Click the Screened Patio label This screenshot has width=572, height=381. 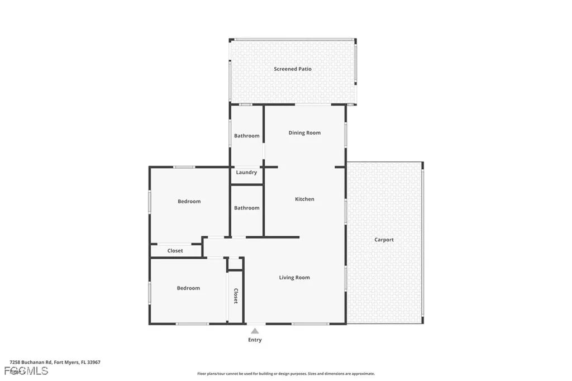[x=293, y=69]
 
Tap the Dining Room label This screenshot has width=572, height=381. [x=304, y=133]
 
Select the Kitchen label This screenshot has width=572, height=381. [x=304, y=199]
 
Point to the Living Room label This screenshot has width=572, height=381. [x=294, y=278]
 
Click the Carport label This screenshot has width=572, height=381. [x=384, y=240]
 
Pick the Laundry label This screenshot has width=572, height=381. [x=246, y=173]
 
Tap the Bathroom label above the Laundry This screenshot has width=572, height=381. [x=246, y=136]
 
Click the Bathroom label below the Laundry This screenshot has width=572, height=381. [x=246, y=208]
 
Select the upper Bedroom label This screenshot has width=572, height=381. [x=189, y=202]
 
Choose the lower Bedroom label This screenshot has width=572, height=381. [x=188, y=288]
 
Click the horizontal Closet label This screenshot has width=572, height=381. [x=175, y=251]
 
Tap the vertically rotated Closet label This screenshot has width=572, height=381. [x=235, y=296]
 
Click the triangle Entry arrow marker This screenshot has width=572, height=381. [x=255, y=331]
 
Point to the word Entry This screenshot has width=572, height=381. [x=255, y=340]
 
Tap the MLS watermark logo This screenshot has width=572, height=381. [x=26, y=371]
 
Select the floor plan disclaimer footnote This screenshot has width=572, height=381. [x=285, y=374]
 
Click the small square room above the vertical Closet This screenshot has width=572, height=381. [x=235, y=264]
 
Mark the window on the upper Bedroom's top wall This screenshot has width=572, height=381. [x=184, y=167]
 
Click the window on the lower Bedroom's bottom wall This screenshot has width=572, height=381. [x=192, y=324]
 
